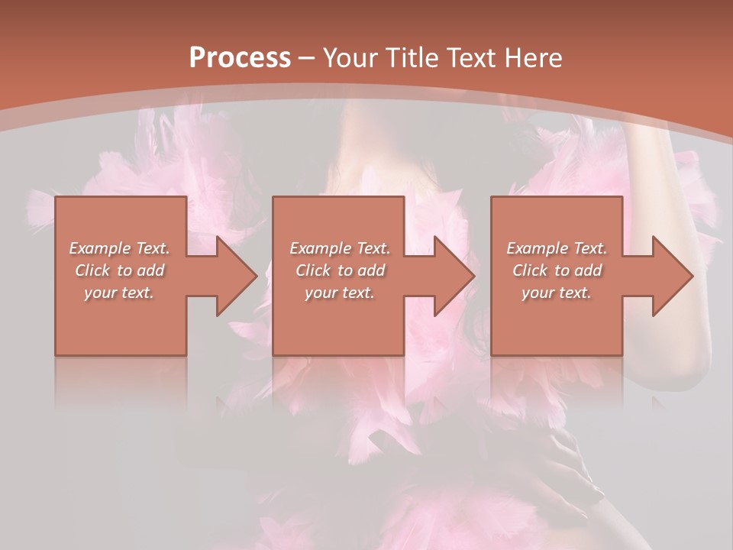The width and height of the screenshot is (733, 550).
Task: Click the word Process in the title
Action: (240, 57)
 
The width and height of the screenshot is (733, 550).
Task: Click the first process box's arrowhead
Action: (233, 276)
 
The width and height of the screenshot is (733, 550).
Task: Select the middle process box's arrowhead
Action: (450, 276)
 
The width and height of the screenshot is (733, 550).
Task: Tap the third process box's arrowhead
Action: (669, 276)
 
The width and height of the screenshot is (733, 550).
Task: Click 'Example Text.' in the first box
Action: (119, 248)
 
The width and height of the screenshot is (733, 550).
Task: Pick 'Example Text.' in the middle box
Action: (340, 248)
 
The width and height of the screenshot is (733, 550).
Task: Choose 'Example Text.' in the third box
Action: (557, 248)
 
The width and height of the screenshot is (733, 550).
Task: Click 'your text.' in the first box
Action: (119, 293)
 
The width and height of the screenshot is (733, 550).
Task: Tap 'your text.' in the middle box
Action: (340, 293)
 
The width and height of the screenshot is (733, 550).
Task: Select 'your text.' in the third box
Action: (557, 293)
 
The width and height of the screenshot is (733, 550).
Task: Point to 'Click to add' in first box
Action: (119, 270)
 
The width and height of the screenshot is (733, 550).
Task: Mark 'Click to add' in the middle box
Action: (340, 270)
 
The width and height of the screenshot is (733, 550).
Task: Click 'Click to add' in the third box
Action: (557, 270)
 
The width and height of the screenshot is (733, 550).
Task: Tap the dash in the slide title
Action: (306, 58)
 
